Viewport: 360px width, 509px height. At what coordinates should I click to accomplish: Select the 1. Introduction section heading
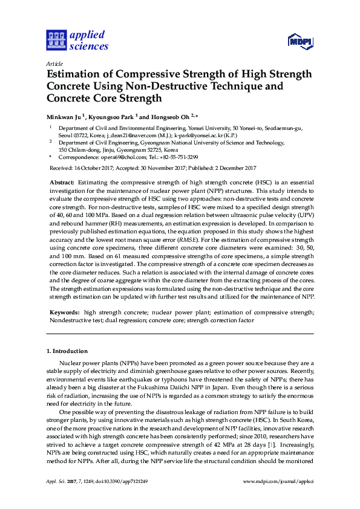67,351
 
